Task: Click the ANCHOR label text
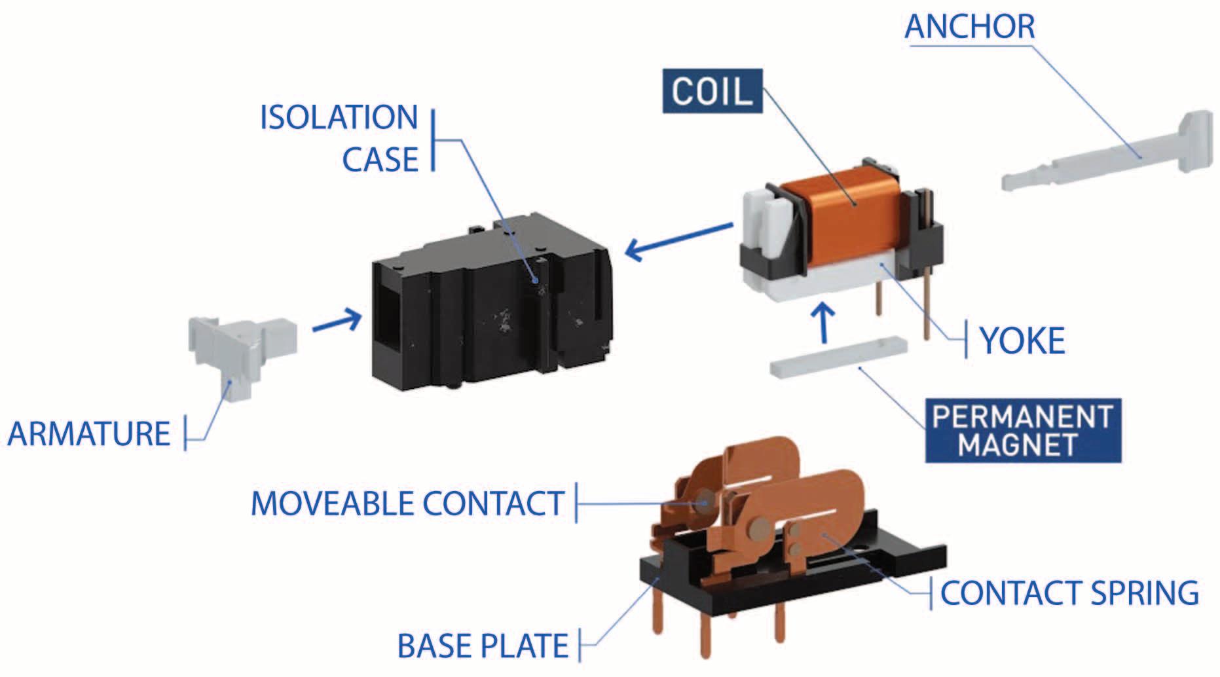pyautogui.click(x=970, y=27)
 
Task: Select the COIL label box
pyautogui.click(x=712, y=91)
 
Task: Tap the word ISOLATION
pyautogui.click(x=339, y=118)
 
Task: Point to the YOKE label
pyautogui.click(x=1022, y=341)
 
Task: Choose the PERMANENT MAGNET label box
pyautogui.click(x=1022, y=431)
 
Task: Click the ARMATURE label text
pyautogui.click(x=89, y=434)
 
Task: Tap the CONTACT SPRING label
pyautogui.click(x=1069, y=593)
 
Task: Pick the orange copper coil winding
pyautogui.click(x=845, y=210)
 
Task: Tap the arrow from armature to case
pyautogui.click(x=337, y=321)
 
